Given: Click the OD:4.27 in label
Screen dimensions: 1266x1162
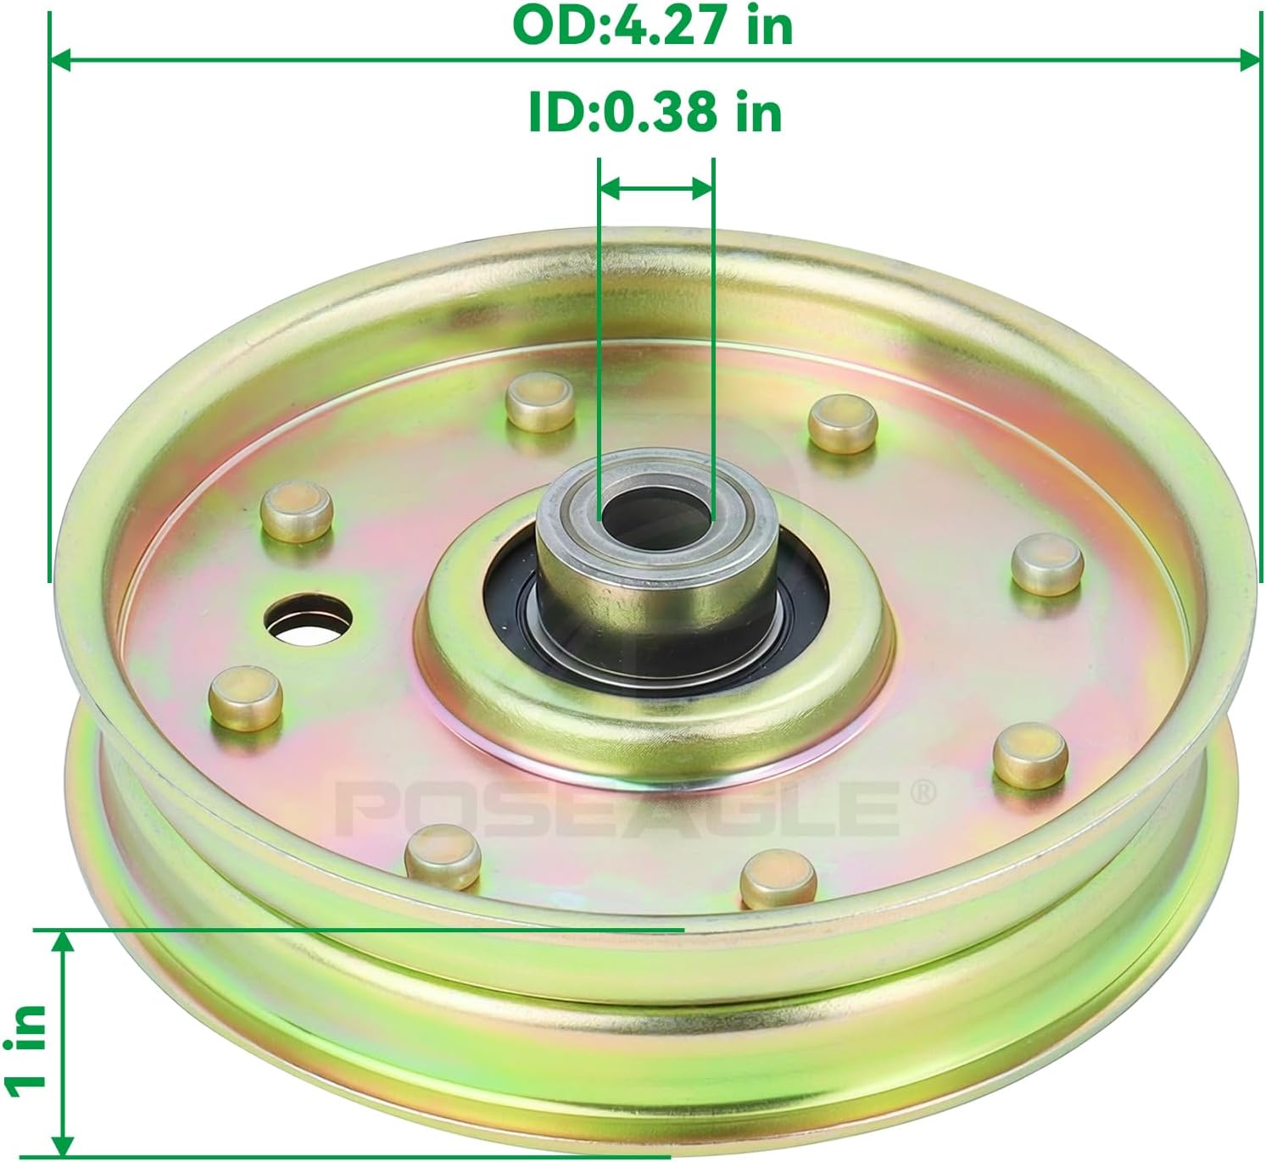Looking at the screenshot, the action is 653,25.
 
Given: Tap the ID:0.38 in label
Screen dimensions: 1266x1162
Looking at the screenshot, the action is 655,112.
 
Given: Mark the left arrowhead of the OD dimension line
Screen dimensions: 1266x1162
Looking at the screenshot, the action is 60,60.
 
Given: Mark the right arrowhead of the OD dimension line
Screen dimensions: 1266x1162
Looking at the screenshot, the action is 1250,60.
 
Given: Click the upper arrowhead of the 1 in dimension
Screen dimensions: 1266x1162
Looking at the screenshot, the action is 62,941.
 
